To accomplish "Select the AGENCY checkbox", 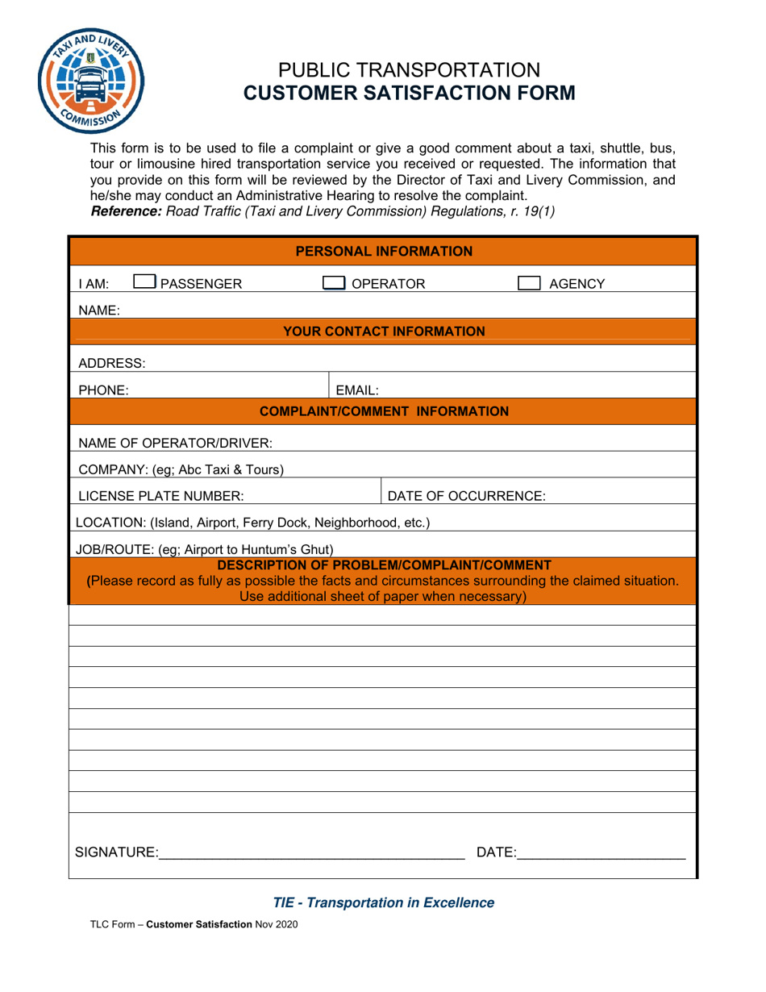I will point(529,283).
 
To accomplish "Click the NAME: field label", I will point(99,310).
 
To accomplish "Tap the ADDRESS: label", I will point(112,363).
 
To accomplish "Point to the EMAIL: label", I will point(357,390).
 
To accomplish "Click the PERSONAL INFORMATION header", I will point(384,252).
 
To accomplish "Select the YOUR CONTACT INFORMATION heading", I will point(384,331).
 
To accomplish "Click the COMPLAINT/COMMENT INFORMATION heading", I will point(384,411).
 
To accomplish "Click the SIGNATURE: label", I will point(116,852).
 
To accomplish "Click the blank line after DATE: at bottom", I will point(601,853).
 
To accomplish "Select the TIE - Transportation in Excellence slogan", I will point(384,902).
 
